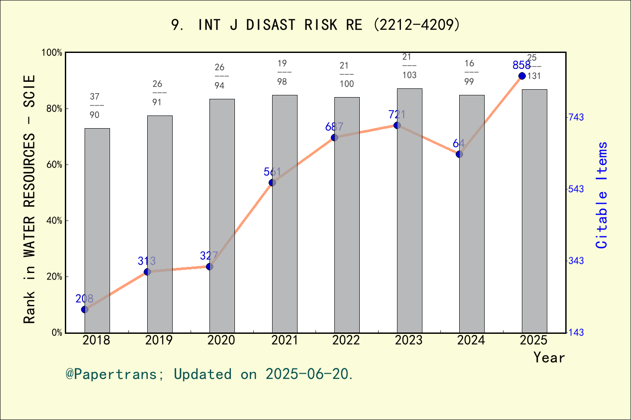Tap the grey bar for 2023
(409, 210)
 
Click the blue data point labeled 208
(85, 309)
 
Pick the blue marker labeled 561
(272, 182)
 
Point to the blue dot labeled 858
(522, 76)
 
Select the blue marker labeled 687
(334, 137)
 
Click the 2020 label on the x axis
(221, 340)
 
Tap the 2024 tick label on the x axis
(471, 340)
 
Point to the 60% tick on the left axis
(54, 164)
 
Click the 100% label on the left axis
(52, 52)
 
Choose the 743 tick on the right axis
(576, 117)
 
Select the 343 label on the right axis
(576, 261)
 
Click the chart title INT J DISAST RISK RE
(315, 25)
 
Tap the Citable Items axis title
(602, 195)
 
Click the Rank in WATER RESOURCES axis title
(29, 199)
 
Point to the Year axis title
(549, 357)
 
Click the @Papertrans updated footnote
(209, 374)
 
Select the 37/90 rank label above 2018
(95, 105)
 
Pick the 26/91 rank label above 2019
(157, 93)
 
